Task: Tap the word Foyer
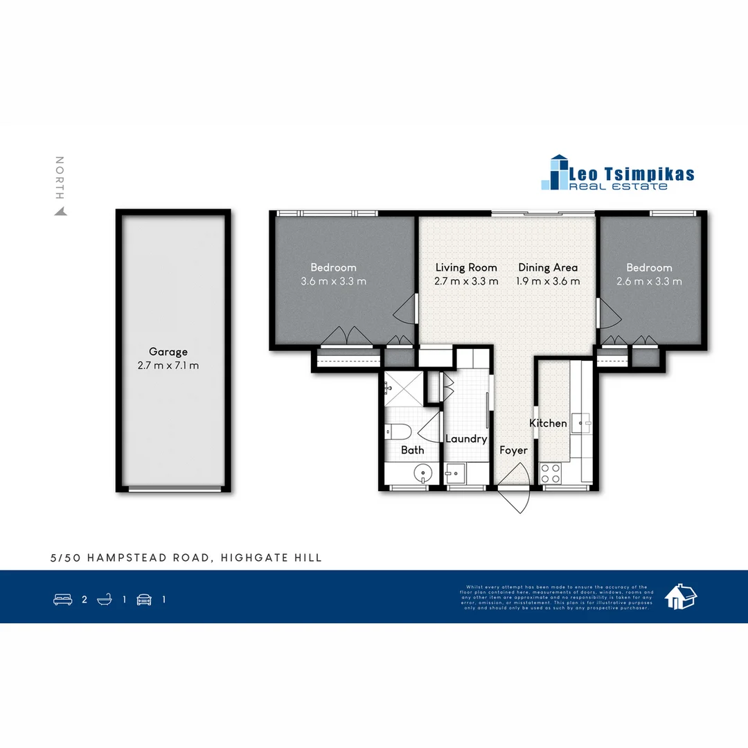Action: coord(513,450)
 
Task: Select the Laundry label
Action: coord(466,438)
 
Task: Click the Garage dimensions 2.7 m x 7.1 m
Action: coord(168,366)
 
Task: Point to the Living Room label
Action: coord(466,267)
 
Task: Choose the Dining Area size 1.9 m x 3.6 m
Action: coord(548,281)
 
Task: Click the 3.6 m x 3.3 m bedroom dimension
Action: coord(333,281)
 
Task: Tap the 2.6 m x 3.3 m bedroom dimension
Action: coord(649,281)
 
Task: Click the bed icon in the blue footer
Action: coord(63,600)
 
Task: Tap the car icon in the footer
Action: coord(144,600)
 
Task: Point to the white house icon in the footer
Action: coord(680,596)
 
